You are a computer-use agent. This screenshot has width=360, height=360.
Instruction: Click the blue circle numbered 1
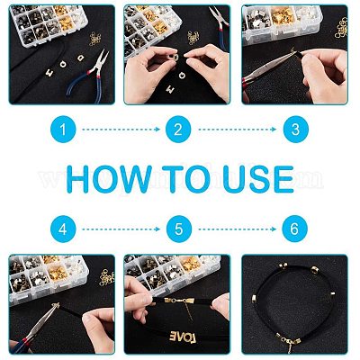pos(63,130)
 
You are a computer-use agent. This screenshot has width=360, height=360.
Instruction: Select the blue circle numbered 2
pos(178,130)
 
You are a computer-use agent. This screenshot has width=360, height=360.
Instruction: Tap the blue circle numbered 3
pos(295,130)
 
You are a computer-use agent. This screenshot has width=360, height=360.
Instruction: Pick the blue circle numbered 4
pos(63,229)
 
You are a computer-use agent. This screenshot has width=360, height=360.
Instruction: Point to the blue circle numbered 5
pos(179,229)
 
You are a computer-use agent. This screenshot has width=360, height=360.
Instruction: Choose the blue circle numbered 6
pos(295,229)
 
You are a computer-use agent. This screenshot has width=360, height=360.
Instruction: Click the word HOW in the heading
pos(109,179)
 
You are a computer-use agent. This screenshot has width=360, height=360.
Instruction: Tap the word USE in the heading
pos(258,179)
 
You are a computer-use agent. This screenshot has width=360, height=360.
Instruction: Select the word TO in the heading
pos(187,179)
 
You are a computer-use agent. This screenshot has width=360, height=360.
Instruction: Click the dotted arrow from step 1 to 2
pos(121,130)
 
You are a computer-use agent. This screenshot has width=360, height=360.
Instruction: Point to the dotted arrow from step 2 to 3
pos(237,130)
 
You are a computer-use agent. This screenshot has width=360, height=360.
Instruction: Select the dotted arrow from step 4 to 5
pos(121,229)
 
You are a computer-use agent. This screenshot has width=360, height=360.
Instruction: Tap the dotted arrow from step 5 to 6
pos(237,229)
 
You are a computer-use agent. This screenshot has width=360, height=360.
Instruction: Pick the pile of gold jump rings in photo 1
pos(95,39)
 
